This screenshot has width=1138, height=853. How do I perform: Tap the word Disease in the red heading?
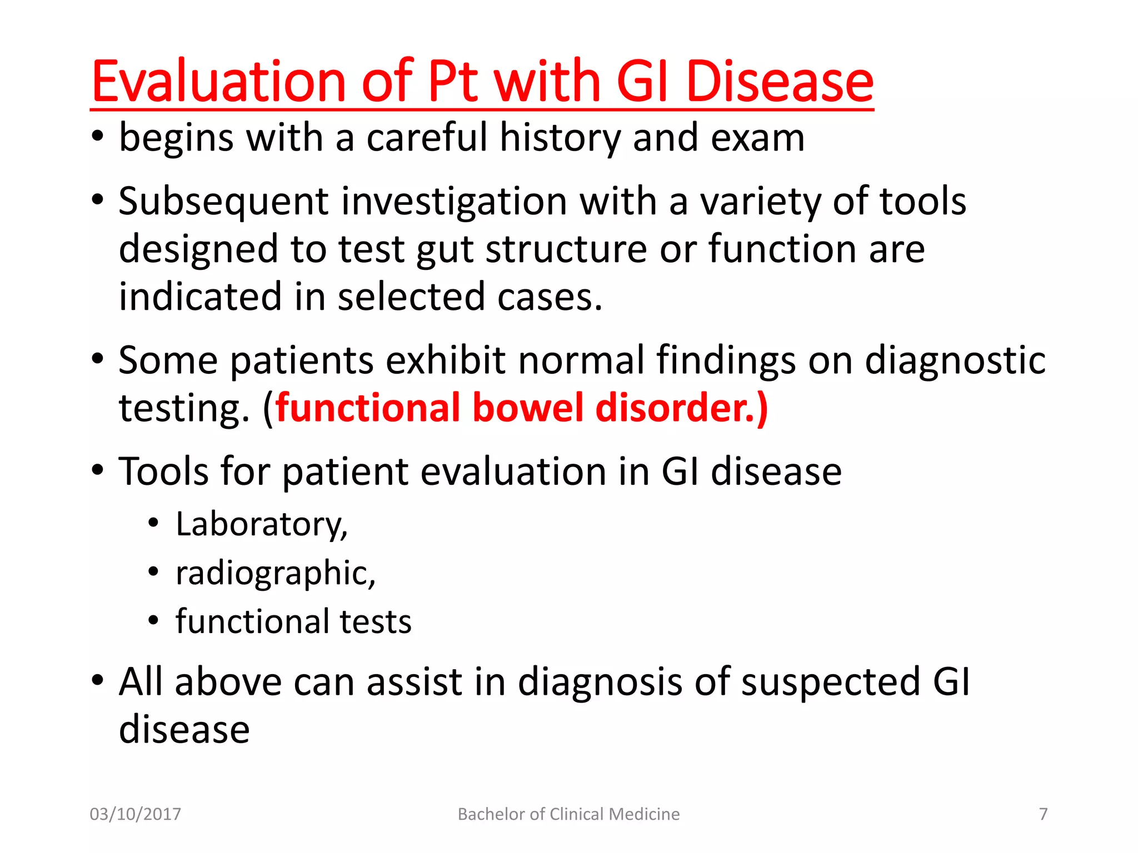click(780, 82)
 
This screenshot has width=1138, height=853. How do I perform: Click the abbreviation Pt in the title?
click(452, 82)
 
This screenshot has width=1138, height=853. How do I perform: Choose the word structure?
click(566, 249)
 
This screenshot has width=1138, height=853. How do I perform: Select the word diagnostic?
click(955, 360)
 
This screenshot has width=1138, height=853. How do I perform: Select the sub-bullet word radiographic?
click(275, 573)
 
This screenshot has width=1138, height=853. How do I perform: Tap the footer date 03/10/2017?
click(136, 814)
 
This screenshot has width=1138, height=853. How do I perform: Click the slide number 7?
click(1043, 814)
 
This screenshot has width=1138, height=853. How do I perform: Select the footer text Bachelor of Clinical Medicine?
click(568, 814)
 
